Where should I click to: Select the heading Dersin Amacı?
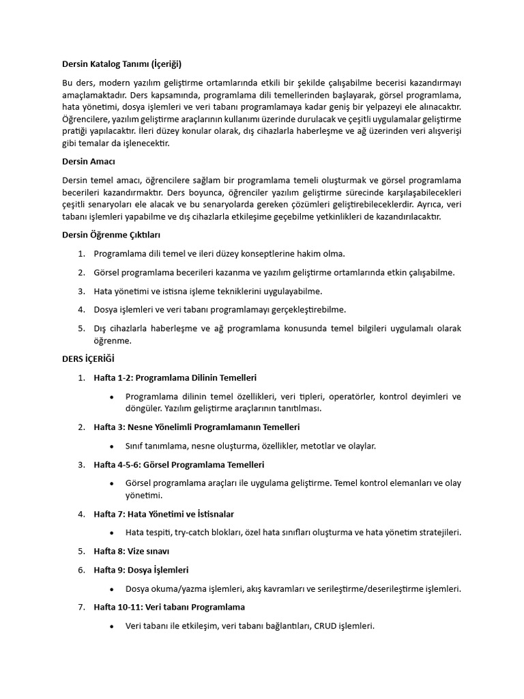(88, 162)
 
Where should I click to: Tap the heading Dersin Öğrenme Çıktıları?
(111, 235)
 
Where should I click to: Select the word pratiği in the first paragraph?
(76, 132)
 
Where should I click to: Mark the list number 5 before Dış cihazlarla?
(81, 328)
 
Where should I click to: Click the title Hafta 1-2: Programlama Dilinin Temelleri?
(175, 377)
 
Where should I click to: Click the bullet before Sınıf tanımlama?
(111, 446)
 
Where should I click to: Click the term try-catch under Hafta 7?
(192, 532)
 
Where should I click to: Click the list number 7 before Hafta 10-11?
(81, 606)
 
